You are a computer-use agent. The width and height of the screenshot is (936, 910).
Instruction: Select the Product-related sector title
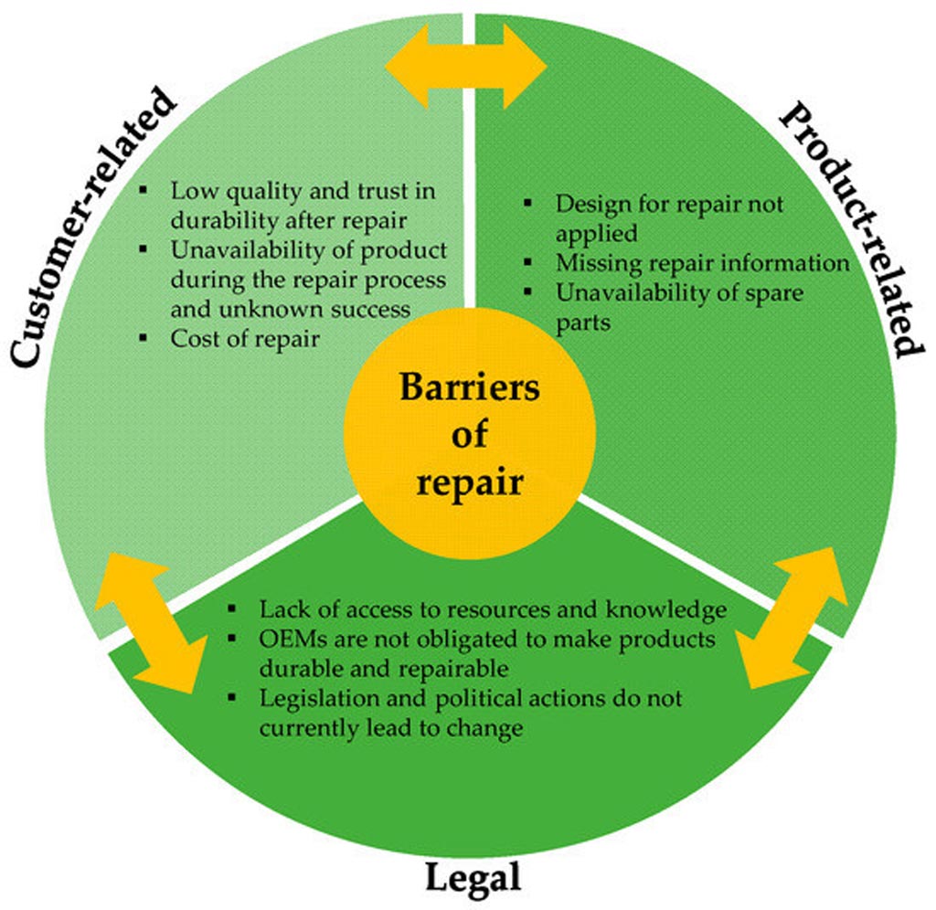pos(846,228)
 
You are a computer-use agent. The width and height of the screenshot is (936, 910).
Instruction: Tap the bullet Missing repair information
pos(703,262)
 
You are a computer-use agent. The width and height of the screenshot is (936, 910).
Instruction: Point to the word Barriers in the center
pos(469,387)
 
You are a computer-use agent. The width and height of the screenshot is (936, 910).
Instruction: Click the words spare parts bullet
pos(585,323)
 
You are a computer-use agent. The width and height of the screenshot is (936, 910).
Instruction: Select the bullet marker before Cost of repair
pos(144,338)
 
